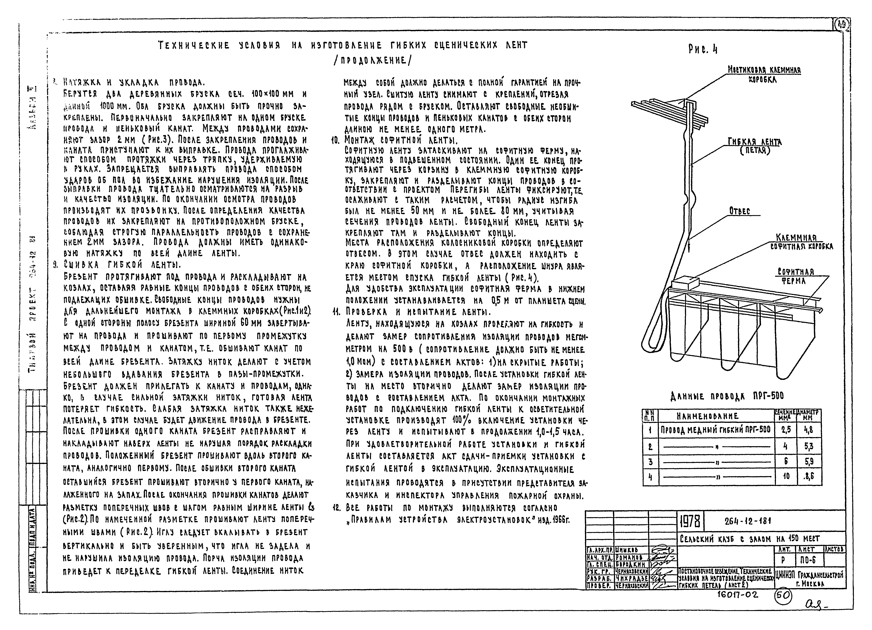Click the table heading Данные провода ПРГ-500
(x=727, y=396)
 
